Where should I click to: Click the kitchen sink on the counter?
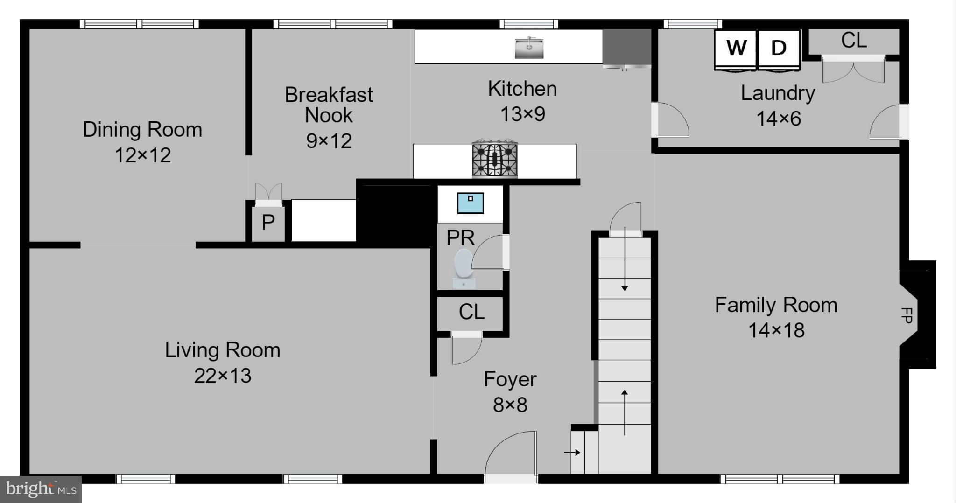[x=529, y=48]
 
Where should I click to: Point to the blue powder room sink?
[x=470, y=203]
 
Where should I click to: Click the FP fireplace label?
[x=906, y=315]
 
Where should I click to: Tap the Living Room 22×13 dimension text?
[x=223, y=376]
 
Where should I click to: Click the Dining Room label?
[x=142, y=129]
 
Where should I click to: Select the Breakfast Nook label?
[x=329, y=105]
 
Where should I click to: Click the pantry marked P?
[x=268, y=223]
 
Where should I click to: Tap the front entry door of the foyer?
[x=511, y=455]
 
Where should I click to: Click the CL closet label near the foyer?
[x=471, y=312]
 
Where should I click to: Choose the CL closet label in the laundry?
[x=854, y=41]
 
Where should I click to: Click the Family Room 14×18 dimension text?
[x=776, y=330]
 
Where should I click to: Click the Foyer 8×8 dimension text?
[x=510, y=405]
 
